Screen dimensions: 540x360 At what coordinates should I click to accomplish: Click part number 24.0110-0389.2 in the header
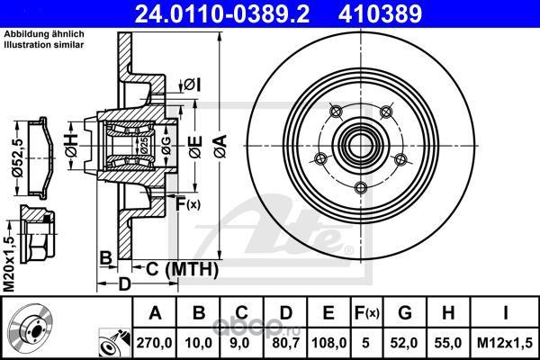coord(221,13)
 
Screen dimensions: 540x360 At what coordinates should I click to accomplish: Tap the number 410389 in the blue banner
coord(380,13)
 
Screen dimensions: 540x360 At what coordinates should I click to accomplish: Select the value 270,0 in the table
coord(154,343)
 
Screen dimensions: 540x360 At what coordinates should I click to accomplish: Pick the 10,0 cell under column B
coord(198,343)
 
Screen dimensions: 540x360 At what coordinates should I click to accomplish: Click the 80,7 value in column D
coord(286,343)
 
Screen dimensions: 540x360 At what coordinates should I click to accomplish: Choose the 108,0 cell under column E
coord(328,343)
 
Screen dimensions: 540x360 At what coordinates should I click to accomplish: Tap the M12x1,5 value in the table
coord(505,343)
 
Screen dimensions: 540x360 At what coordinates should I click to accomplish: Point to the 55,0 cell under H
coord(448,343)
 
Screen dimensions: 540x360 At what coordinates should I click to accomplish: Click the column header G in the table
coord(405,313)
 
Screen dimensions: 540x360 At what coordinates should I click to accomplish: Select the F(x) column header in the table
coord(367,313)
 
